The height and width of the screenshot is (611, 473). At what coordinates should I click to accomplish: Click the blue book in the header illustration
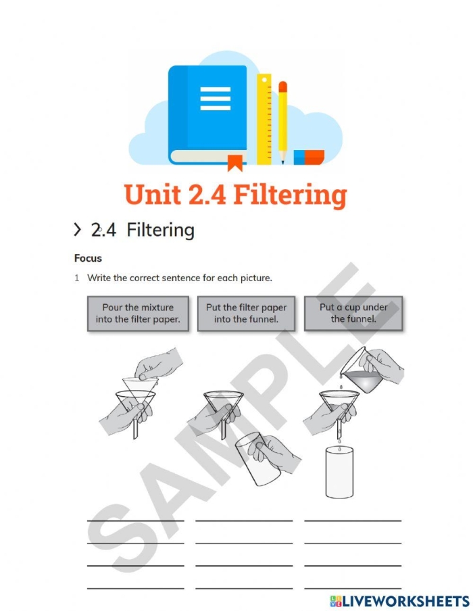click(207, 115)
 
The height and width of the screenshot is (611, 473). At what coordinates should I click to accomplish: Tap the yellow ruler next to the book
click(264, 119)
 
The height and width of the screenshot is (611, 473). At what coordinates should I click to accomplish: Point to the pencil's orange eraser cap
click(283, 87)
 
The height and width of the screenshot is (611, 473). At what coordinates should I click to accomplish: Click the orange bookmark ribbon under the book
click(235, 163)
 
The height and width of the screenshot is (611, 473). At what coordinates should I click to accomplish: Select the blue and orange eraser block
click(309, 157)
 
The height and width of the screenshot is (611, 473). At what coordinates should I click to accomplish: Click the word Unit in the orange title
click(152, 194)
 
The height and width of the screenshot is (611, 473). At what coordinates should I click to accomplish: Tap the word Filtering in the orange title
click(291, 195)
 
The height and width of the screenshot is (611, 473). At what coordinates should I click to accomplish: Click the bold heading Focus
click(88, 258)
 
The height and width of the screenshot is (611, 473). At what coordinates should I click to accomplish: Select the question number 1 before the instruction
click(77, 278)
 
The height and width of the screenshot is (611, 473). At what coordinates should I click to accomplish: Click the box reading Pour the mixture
click(138, 314)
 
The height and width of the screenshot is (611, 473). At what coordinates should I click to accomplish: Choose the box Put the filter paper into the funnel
click(246, 314)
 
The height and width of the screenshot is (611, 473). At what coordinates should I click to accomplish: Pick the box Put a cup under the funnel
click(353, 314)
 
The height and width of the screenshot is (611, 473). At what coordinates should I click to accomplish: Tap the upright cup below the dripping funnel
click(339, 472)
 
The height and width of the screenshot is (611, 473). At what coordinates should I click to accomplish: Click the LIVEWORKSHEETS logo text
click(400, 601)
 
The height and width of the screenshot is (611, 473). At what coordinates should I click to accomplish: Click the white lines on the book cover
click(215, 99)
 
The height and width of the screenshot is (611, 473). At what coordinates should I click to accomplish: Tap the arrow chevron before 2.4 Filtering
click(78, 230)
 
